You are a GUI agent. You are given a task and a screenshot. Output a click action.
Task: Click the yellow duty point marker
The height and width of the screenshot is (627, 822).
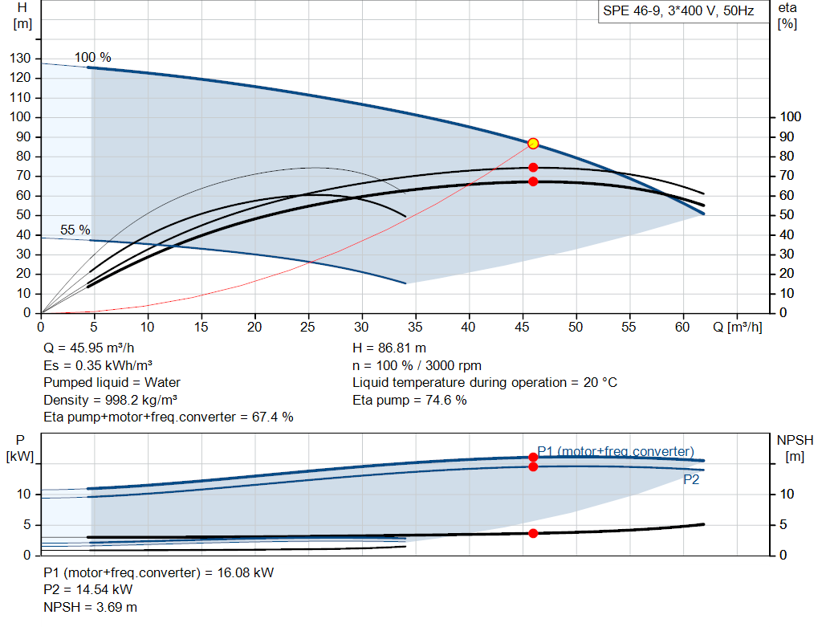pyautogui.click(x=533, y=144)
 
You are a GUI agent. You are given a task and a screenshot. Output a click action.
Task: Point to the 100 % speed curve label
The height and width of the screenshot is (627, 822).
pyautogui.click(x=93, y=57)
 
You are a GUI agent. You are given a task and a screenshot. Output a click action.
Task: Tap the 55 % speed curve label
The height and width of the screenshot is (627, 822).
pyautogui.click(x=75, y=230)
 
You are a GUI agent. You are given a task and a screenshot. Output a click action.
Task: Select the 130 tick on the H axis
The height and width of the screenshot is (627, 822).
pyautogui.click(x=20, y=58)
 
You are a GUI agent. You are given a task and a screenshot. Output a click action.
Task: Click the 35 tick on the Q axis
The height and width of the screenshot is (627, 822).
pyautogui.click(x=415, y=327)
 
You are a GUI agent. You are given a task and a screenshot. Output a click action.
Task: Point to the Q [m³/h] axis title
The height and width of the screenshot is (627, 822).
pyautogui.click(x=738, y=327)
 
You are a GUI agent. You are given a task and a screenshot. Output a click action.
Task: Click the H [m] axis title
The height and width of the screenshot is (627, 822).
pyautogui.click(x=22, y=16)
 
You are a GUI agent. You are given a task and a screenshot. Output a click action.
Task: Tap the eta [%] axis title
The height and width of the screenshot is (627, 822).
pyautogui.click(x=787, y=16)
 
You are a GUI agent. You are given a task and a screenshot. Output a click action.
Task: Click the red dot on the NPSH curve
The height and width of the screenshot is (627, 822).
pyautogui.click(x=533, y=533)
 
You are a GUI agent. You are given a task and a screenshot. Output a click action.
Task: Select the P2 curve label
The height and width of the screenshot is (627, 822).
pyautogui.click(x=691, y=480)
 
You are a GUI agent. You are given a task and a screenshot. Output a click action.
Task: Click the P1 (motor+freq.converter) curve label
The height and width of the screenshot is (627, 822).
pyautogui.click(x=616, y=451)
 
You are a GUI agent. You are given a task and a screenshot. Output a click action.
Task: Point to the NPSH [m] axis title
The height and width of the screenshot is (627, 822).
pyautogui.click(x=795, y=448)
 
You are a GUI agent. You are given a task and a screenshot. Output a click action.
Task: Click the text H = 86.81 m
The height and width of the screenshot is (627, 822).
pyautogui.click(x=389, y=348)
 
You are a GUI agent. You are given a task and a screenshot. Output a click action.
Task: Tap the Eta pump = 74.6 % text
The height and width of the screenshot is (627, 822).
pyautogui.click(x=409, y=400)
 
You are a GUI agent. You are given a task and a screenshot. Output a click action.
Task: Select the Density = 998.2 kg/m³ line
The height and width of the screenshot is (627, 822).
pyautogui.click(x=110, y=400)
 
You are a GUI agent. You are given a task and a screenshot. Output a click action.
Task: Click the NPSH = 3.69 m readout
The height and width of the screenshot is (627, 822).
pyautogui.click(x=90, y=607)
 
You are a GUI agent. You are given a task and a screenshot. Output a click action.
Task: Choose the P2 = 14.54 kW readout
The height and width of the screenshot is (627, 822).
pyautogui.click(x=88, y=590)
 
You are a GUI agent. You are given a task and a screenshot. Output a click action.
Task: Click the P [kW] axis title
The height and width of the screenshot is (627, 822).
pyautogui.click(x=20, y=448)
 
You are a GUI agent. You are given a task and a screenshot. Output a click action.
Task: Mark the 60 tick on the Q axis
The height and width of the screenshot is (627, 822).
pyautogui.click(x=682, y=327)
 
